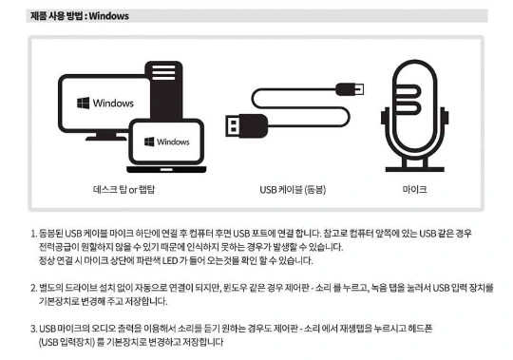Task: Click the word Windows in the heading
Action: pos(109,16)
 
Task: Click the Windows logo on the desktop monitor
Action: pos(83,103)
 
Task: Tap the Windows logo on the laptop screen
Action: pos(149,142)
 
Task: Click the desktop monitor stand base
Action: pos(106,138)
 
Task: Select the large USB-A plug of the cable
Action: pos(246,125)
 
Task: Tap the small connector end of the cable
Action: pos(350,89)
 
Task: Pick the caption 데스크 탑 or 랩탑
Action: pos(124,190)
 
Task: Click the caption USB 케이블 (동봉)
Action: pos(293,190)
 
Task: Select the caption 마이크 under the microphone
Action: pos(414,189)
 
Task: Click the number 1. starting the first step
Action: pos(34,234)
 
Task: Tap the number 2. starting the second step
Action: pos(34,288)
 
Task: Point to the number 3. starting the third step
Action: pos(34,329)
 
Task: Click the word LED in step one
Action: pos(170,261)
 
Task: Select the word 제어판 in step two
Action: pos(296,288)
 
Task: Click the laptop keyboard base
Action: pos(166,169)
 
